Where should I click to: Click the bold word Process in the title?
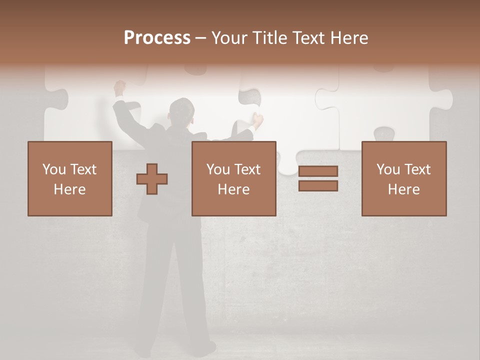tap(157, 38)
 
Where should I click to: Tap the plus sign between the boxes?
tap(152, 179)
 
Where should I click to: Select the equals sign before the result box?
tap(318, 178)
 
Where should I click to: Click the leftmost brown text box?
tap(70, 178)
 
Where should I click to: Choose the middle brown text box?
tap(233, 178)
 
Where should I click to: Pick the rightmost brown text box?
tap(403, 178)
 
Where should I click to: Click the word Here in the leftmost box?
tap(69, 189)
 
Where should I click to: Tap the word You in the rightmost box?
tap(388, 169)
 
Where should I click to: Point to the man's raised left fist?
tap(119, 86)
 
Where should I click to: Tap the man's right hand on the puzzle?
tap(257, 119)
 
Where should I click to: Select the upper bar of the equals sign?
tap(318, 171)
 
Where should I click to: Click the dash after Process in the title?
tap(201, 38)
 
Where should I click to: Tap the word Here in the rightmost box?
tap(403, 189)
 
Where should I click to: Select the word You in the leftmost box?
tap(54, 169)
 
